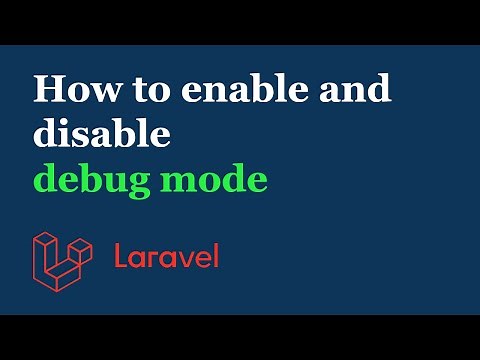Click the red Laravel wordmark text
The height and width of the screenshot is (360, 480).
[166, 256]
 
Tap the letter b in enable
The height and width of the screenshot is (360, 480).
[236, 89]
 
